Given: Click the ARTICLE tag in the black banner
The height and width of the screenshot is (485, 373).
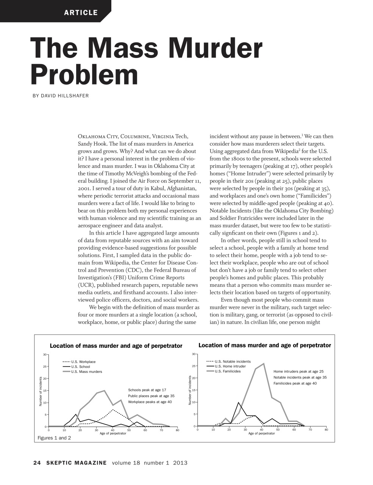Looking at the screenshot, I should (81, 13).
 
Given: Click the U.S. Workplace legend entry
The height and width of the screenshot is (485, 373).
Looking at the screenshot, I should (83, 362).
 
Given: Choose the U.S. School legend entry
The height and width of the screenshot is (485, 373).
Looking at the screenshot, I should (80, 367).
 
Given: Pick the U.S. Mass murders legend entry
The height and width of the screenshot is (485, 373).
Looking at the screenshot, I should (86, 372).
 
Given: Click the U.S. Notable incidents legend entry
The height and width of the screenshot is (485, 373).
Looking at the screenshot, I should (233, 361).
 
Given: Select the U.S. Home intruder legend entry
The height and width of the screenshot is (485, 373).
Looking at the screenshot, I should (230, 366).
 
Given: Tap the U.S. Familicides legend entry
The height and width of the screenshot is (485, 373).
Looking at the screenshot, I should (228, 371).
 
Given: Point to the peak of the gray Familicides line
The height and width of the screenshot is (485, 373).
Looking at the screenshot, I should (264, 364).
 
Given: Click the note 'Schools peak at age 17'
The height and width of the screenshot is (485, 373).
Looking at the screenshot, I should (147, 390).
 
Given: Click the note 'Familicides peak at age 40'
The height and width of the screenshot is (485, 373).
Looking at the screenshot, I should (295, 383).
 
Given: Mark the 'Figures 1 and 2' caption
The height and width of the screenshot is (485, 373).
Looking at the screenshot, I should (54, 438).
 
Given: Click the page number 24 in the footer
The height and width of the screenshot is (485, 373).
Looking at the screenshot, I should (37, 463).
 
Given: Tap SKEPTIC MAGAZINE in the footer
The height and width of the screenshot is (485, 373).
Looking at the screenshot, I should (76, 463).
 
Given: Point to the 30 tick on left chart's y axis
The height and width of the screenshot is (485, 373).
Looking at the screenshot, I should (44, 355).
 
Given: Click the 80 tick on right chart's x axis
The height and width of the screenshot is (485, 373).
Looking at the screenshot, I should (326, 430).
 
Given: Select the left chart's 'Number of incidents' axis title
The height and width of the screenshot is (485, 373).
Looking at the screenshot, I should (41, 392).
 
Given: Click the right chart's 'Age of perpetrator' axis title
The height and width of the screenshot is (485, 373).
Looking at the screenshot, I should (262, 433).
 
